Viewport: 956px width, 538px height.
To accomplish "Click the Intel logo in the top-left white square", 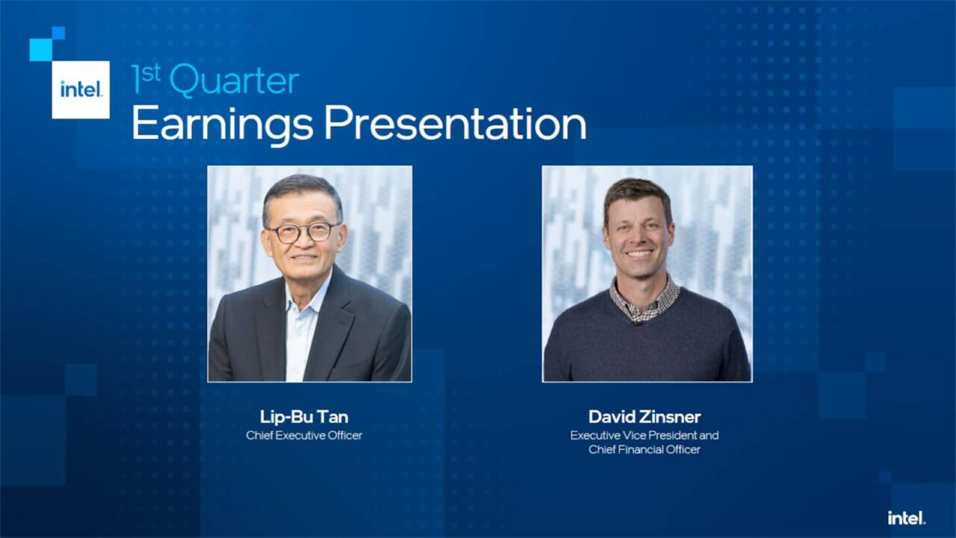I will (81, 90).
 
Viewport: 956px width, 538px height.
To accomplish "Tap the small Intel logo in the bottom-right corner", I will (906, 517).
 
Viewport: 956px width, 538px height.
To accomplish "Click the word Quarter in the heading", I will (234, 81).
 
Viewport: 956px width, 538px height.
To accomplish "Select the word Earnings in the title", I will (222, 124).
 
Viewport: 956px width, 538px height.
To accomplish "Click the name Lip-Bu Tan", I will (304, 417).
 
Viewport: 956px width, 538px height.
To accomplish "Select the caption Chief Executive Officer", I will (304, 435).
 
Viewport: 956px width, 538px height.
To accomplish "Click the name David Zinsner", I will (645, 417).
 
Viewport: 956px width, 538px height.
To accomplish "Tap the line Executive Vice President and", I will (645, 435).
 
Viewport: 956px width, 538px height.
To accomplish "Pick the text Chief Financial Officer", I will (645, 449).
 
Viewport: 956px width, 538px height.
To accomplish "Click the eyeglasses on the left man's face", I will (303, 232).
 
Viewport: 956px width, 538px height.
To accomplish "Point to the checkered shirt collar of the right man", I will (644, 299).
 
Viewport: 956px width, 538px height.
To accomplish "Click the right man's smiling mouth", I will (639, 254).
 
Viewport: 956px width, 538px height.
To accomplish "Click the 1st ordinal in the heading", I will (143, 78).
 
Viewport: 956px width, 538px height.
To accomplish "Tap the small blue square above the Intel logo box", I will (58, 33).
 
